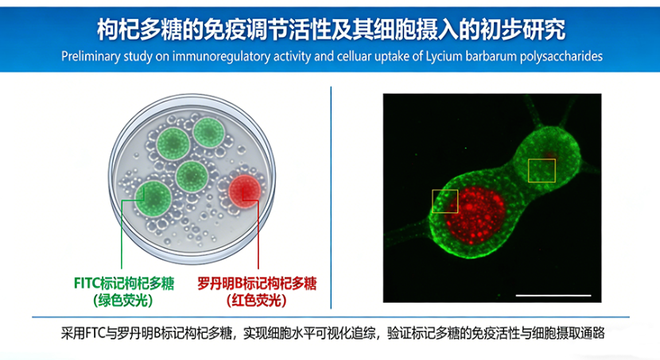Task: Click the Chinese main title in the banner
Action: point(332,29)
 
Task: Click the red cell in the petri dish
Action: point(245,192)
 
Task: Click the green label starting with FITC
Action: point(124,284)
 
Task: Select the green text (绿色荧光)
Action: point(123,300)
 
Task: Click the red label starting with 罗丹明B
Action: point(257,284)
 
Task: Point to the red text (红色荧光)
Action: point(257,300)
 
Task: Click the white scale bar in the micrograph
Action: point(553,296)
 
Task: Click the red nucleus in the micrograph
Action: point(475,215)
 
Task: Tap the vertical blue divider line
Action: point(332,198)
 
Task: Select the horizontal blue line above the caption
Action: point(331,316)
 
